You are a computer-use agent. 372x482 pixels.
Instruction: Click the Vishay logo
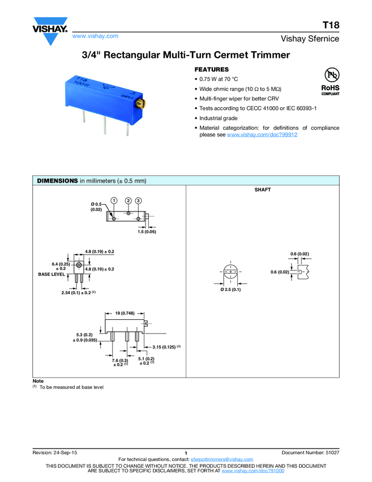(50, 33)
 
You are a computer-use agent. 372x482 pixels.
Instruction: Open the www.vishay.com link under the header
(96, 36)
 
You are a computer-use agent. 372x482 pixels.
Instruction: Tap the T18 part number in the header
(331, 26)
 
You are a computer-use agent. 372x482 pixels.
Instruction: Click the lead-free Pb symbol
(330, 75)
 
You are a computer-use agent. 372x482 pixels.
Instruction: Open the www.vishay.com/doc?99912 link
(262, 135)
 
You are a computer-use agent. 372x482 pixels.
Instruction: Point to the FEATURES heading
(212, 69)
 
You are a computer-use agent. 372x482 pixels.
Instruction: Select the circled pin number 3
(139, 201)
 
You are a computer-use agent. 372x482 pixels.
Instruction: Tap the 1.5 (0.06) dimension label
(147, 232)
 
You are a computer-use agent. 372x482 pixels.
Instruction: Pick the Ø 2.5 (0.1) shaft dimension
(230, 290)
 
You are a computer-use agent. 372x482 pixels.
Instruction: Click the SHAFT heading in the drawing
(263, 190)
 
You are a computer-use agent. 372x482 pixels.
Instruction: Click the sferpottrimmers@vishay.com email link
(222, 459)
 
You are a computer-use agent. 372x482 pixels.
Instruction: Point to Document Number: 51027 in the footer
(310, 453)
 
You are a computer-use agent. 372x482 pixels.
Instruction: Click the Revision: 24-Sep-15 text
(55, 453)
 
